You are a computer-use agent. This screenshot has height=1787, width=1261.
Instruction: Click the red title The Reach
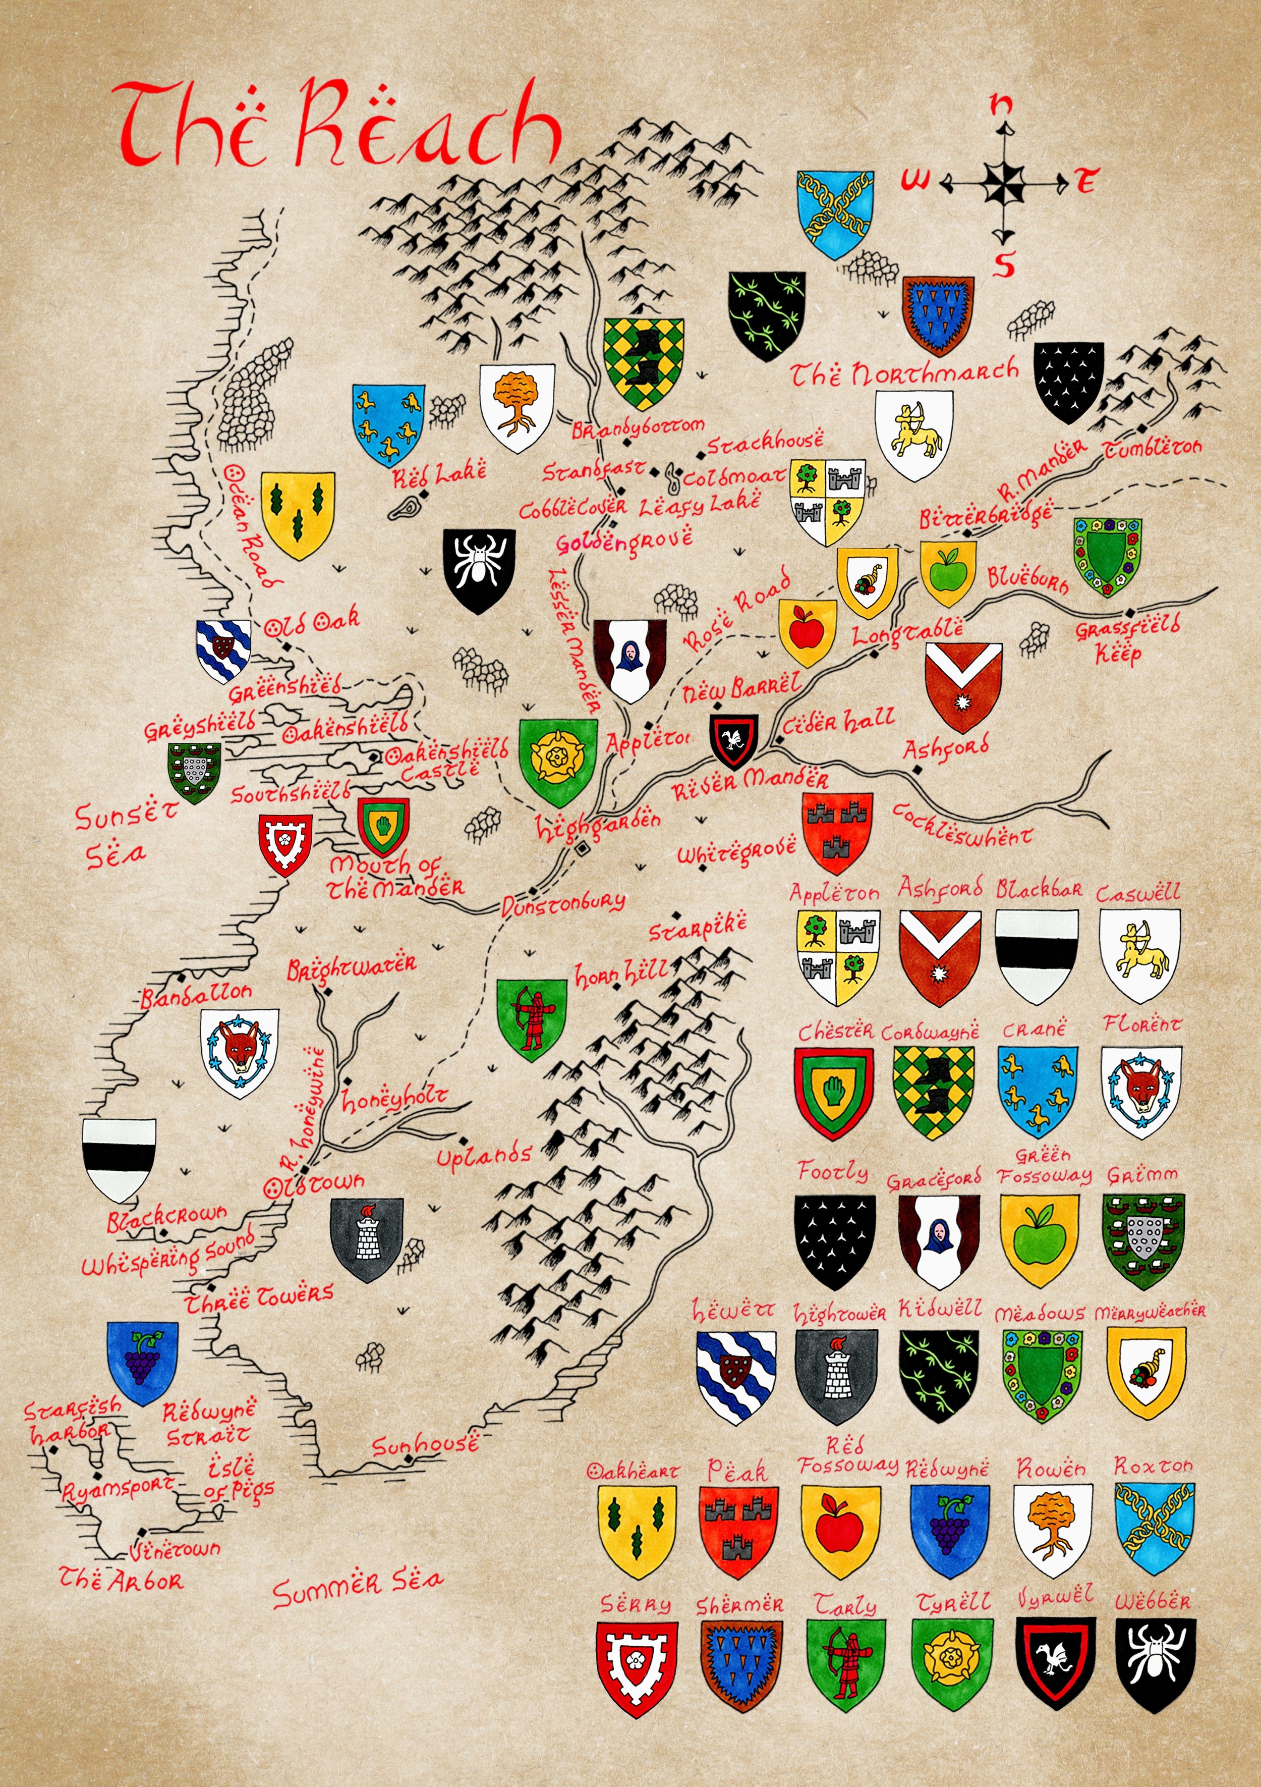[338, 125]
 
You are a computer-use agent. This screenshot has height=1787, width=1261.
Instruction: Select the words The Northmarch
[905, 373]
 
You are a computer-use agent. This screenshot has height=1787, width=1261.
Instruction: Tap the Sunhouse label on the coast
[425, 1445]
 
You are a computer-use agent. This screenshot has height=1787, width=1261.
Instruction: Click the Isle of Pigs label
[239, 1479]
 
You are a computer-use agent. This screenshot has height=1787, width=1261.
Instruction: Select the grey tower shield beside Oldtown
[366, 1238]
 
